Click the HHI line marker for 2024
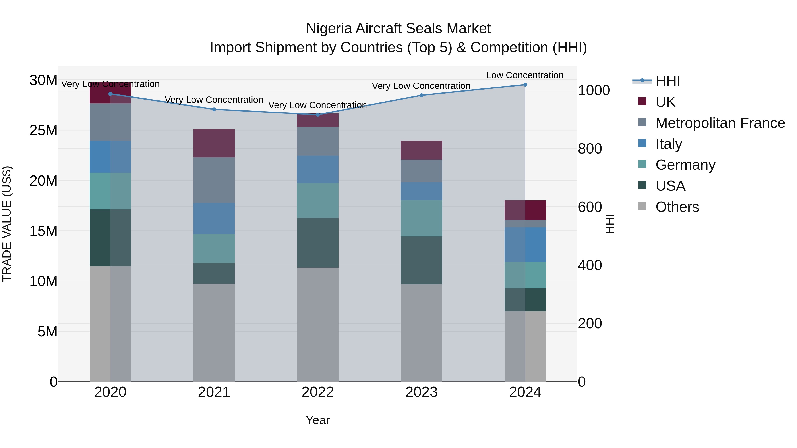(525, 85)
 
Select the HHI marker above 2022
(318, 115)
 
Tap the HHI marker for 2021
(214, 109)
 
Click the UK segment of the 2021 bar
(214, 143)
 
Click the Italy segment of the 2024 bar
(525, 244)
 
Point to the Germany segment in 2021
(214, 248)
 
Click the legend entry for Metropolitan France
(720, 123)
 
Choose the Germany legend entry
(685, 165)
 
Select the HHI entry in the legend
(668, 81)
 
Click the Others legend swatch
(642, 206)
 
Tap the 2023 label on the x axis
(421, 392)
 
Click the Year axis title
(318, 420)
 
